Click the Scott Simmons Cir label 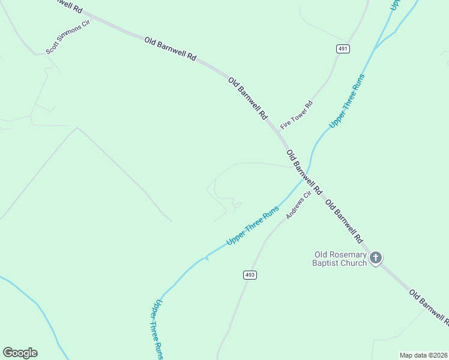click(x=67, y=40)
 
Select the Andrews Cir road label click(x=298, y=205)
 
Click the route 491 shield click(x=342, y=49)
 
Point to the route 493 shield click(x=250, y=275)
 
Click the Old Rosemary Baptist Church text click(x=340, y=259)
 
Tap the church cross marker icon click(x=376, y=258)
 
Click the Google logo click(x=20, y=353)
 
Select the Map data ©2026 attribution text click(x=423, y=355)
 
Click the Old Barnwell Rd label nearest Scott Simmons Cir click(x=170, y=49)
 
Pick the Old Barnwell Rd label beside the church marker click(x=344, y=221)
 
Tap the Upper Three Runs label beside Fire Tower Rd click(x=347, y=101)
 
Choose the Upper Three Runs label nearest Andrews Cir click(x=253, y=226)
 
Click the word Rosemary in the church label click(x=354, y=254)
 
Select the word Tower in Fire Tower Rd click(x=298, y=111)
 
